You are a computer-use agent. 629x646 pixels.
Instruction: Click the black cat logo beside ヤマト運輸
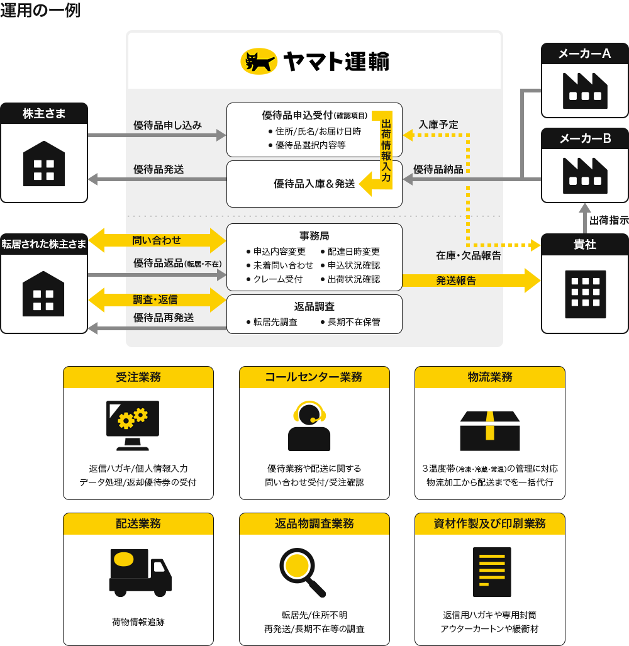(x=259, y=61)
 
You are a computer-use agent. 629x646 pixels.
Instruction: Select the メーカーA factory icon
(x=584, y=89)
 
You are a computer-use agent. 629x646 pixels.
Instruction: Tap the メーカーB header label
(x=585, y=138)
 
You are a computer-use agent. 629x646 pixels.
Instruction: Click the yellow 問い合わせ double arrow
(x=157, y=240)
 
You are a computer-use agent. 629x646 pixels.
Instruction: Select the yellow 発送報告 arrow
(x=470, y=281)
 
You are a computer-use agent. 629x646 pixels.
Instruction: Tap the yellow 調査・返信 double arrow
(x=157, y=299)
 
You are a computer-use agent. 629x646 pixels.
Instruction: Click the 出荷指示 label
(x=608, y=221)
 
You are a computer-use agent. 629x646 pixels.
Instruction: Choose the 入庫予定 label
(x=438, y=125)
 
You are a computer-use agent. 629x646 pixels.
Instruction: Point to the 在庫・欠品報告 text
(x=469, y=256)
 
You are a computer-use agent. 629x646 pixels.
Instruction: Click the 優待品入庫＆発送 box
(x=314, y=184)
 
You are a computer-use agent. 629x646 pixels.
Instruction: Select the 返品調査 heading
(x=314, y=306)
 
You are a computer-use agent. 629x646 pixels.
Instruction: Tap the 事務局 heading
(x=314, y=236)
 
